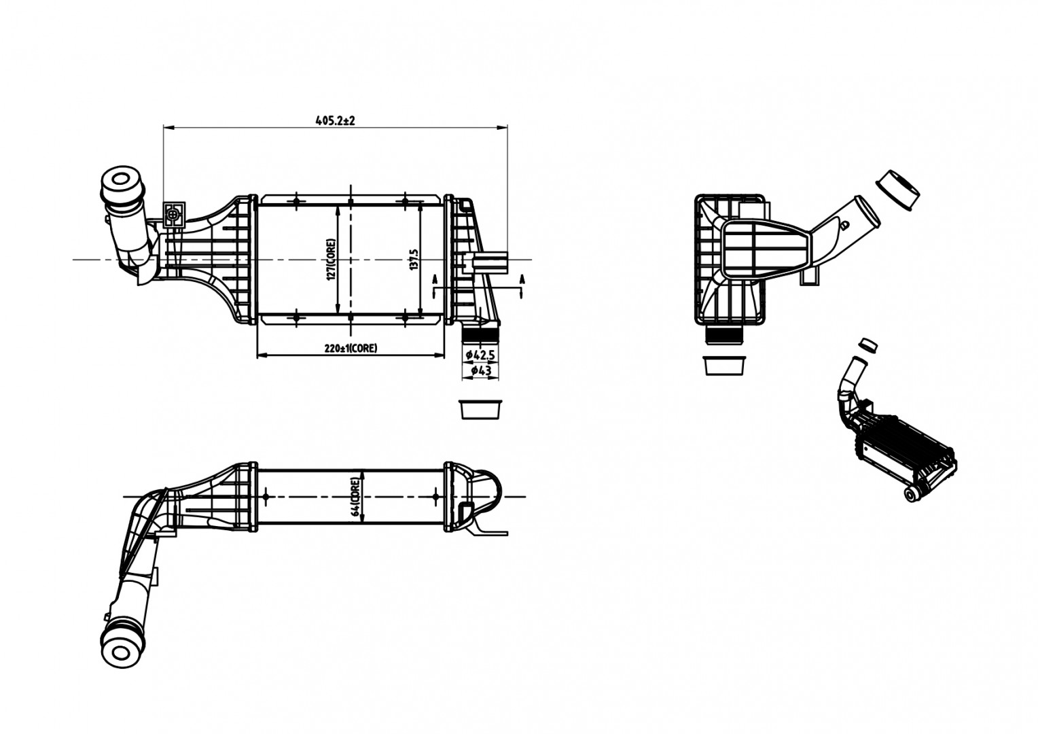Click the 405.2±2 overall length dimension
[x=335, y=120]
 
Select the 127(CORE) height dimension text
[x=331, y=260]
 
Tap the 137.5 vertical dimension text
[x=414, y=260]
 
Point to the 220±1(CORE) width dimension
[x=351, y=348]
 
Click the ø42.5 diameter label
[x=480, y=355]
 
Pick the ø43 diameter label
[x=481, y=370]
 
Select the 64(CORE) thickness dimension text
[x=355, y=497]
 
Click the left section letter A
[x=434, y=279]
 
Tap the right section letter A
[x=522, y=279]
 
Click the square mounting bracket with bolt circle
[x=174, y=215]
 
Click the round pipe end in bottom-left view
[x=121, y=652]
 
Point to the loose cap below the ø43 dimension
[x=480, y=409]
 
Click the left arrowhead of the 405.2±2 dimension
[x=168, y=126]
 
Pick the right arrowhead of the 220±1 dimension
[x=439, y=355]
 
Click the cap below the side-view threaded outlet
[x=724, y=366]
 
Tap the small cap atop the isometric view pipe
[x=868, y=345]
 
